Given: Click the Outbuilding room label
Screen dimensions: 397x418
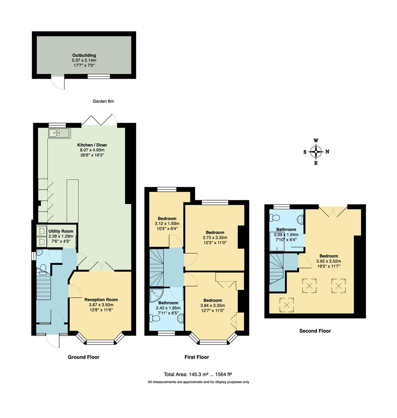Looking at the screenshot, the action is point(84,55).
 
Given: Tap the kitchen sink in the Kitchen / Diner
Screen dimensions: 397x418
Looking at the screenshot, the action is point(59,133).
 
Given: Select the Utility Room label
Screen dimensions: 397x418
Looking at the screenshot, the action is point(61,231).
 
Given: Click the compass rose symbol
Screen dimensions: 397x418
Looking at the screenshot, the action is point(316,152).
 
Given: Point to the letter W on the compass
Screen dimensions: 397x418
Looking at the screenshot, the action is point(316,141).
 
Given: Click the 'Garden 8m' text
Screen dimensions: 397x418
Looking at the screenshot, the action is point(103,101).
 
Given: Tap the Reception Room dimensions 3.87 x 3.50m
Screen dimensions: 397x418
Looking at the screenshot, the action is point(101,305).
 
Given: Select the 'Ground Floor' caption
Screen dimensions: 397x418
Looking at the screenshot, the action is point(84,357).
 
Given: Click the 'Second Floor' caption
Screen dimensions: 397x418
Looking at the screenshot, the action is point(315,331).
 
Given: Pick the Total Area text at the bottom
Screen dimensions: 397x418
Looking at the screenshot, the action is point(198,374).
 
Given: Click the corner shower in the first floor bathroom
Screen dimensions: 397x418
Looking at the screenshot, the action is point(157,295).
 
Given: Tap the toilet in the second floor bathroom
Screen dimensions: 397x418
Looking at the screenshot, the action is point(276,217).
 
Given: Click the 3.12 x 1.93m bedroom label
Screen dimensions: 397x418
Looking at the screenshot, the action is point(167,219).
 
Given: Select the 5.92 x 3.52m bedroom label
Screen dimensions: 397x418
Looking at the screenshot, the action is point(329,256).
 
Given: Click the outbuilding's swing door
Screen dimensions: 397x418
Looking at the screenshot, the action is point(58,82).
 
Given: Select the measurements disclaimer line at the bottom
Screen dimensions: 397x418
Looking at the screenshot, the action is point(198,382).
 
